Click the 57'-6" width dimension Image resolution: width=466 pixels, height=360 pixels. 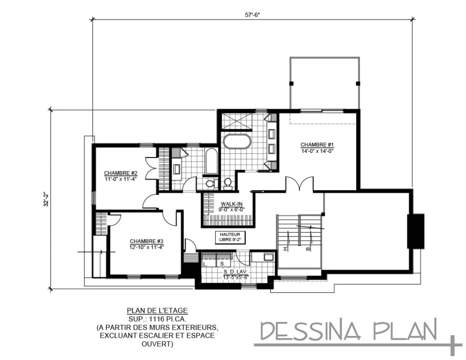point(253,15)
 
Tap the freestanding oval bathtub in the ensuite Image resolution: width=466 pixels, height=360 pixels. point(236,141)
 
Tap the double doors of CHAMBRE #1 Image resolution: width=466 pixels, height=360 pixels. point(299,184)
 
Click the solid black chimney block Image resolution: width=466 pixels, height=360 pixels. point(415,231)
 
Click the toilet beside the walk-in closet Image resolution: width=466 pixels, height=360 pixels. point(228,183)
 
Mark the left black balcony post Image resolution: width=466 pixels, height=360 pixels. point(291,83)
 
